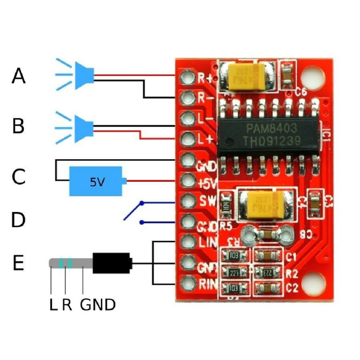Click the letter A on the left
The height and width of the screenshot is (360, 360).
coord(19,76)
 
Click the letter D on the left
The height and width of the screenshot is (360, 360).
coord(19,220)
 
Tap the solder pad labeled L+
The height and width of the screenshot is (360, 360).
coord(187,139)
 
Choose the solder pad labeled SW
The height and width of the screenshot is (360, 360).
coord(187,201)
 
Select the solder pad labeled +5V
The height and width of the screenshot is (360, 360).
coord(187,181)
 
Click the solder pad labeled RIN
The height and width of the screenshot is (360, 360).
coord(187,282)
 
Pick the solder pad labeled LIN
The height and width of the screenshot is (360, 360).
coord(187,242)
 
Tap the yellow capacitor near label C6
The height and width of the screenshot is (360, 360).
coord(246,77)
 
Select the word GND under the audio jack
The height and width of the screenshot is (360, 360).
coord(98,305)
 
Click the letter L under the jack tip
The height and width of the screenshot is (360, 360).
coord(53,305)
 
